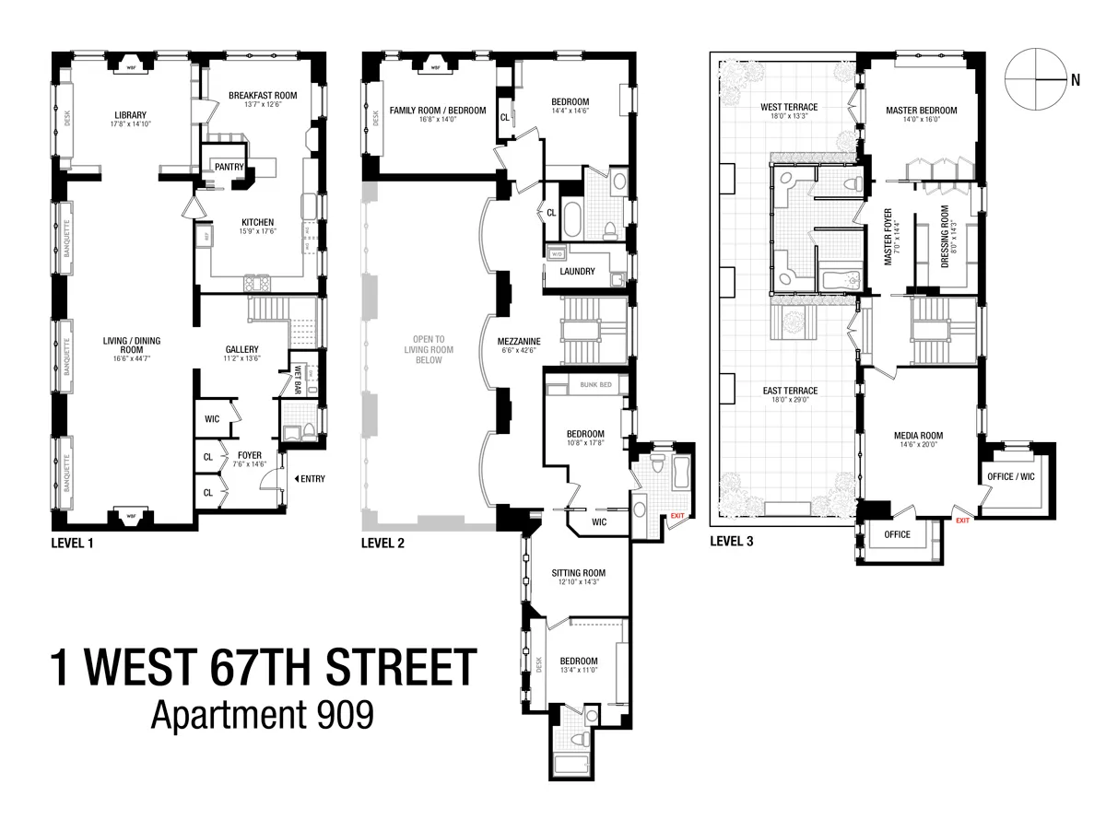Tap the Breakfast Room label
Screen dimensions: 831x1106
click(x=262, y=95)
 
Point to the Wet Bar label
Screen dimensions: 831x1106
click(x=299, y=379)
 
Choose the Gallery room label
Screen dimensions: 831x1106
click(x=243, y=349)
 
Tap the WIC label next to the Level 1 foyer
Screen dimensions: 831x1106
click(x=211, y=418)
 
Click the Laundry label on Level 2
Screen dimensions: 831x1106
click(x=577, y=272)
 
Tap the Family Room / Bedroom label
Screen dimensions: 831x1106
click(x=437, y=111)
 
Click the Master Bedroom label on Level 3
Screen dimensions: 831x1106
click(x=921, y=111)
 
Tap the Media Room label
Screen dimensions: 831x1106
click(x=918, y=436)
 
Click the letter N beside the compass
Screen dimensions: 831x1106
click(x=1075, y=80)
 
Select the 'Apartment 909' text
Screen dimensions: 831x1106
click(x=263, y=715)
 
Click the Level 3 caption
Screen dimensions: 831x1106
click(x=731, y=542)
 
